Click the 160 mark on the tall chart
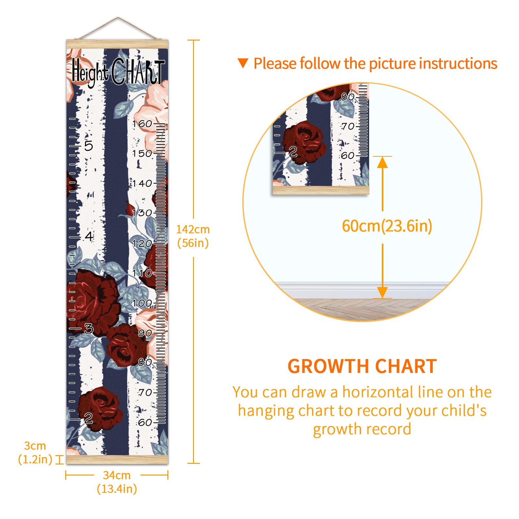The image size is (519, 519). (142, 124)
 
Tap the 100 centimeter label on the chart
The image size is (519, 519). (142, 303)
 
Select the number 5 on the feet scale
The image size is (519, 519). (89, 146)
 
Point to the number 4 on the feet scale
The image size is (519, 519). (89, 236)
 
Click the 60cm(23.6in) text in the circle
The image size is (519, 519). (387, 226)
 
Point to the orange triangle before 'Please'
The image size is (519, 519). (243, 63)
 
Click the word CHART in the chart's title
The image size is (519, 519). (138, 72)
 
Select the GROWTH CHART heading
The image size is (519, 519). (362, 367)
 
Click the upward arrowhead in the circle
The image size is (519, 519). (382, 162)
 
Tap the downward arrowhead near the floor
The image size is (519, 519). (382, 292)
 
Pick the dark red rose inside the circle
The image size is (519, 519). (304, 142)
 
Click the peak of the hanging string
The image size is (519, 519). (118, 18)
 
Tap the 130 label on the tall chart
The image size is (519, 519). (142, 213)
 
